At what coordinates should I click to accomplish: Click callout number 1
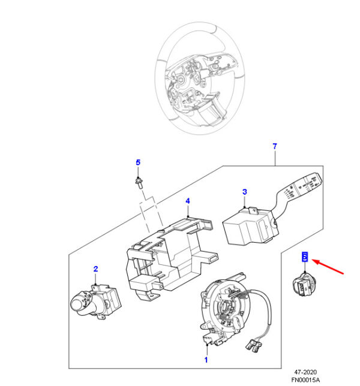coord(206,360)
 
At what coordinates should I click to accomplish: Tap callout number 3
coord(244,192)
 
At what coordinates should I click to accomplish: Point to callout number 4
coord(187,201)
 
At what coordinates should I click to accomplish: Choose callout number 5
coord(137,162)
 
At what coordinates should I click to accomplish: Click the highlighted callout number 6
coord(304,257)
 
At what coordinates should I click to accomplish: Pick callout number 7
coord(274,146)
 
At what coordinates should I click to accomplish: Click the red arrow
coord(329,267)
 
